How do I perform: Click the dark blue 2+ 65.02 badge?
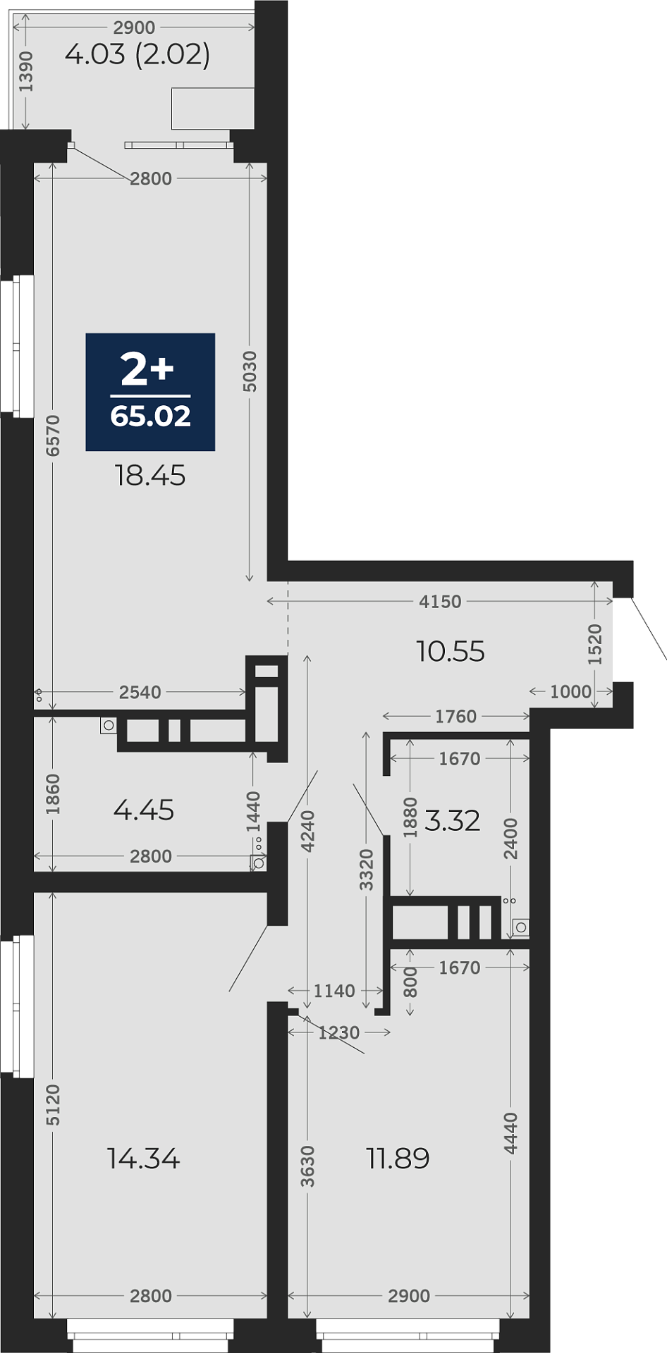[x=150, y=392]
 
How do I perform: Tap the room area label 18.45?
[x=150, y=476]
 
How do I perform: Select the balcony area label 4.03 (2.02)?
[x=137, y=54]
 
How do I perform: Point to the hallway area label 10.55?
[x=451, y=651]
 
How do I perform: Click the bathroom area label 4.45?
[x=144, y=810]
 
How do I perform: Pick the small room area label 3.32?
[x=453, y=820]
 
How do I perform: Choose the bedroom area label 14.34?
[x=144, y=1159]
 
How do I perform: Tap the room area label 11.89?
[x=398, y=1159]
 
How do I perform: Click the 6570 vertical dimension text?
[x=53, y=435]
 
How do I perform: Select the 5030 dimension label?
[x=250, y=371]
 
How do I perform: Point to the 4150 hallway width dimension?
[x=440, y=601]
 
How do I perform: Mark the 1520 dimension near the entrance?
[x=595, y=644]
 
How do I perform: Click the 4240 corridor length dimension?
[x=307, y=832]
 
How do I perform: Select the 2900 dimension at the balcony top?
[x=134, y=27]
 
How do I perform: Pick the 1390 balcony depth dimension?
[x=26, y=71]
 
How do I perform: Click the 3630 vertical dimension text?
[x=307, y=1166]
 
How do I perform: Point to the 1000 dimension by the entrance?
[x=570, y=691]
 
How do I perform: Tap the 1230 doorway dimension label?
[x=339, y=1032]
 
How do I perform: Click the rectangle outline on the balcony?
[x=213, y=109]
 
